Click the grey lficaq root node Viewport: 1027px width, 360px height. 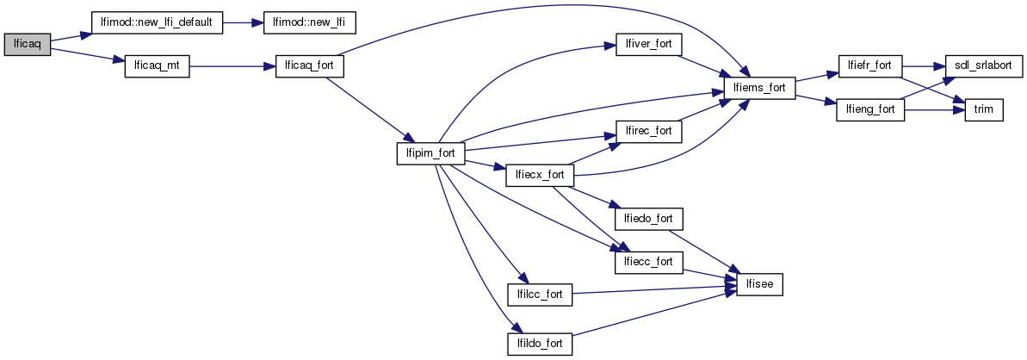[27, 45]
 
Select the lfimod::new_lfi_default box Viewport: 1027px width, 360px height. [158, 22]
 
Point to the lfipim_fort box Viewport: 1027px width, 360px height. [430, 153]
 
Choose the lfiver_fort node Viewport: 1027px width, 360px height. [648, 44]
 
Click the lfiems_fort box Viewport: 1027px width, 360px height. [758, 88]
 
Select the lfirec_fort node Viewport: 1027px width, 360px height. [648, 132]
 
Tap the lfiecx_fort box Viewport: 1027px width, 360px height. [539, 175]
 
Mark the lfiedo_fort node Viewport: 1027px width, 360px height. [648, 219]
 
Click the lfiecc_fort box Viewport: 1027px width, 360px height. [648, 262]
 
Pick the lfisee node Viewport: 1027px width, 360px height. [758, 284]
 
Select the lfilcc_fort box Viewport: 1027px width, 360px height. [539, 295]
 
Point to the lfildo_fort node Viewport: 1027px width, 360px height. [539, 344]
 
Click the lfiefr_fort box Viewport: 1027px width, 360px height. [869, 65]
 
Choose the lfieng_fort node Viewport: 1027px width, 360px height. [869, 110]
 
